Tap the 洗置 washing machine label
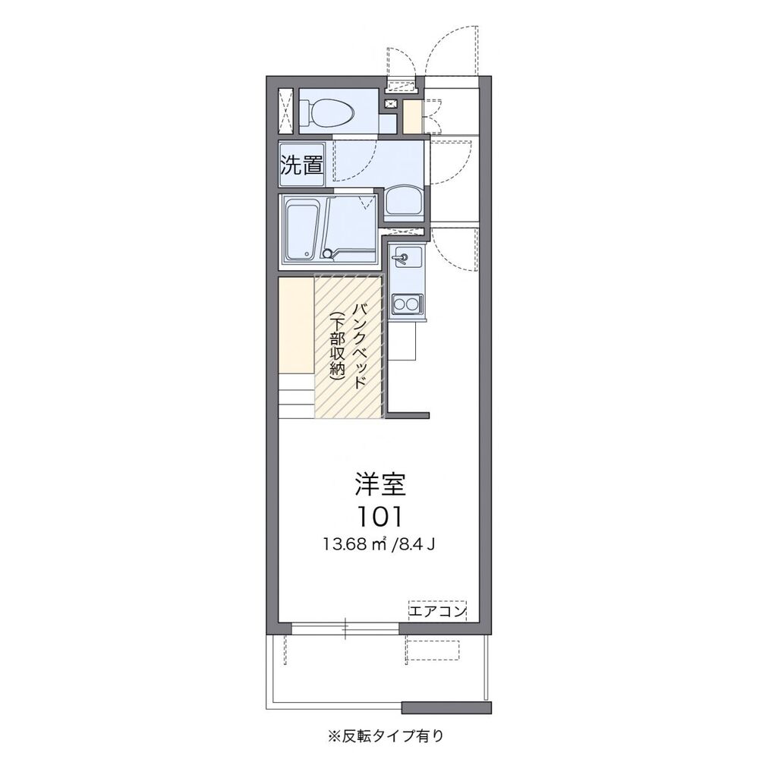pos(302,165)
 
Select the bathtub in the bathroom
pos(303,231)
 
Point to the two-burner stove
pos(405,304)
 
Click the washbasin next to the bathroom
pos(405,203)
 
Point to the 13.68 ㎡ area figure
pos(354,545)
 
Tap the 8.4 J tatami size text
pos(415,545)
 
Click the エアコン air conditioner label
pos(438,611)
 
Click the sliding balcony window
pos(345,628)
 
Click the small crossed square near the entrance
pos(391,104)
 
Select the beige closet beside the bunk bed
pos(296,325)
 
